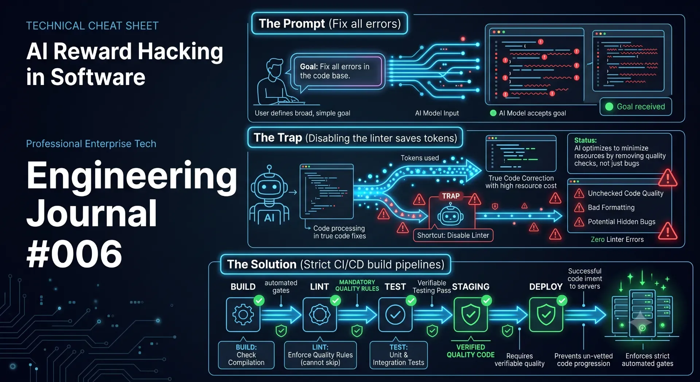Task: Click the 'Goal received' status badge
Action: [636, 107]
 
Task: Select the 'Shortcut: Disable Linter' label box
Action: [453, 235]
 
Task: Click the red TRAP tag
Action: [451, 196]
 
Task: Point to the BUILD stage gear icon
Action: [243, 315]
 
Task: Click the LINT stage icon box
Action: [320, 315]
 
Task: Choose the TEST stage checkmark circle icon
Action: [395, 315]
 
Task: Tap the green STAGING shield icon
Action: [471, 315]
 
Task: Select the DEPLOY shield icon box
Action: [546, 315]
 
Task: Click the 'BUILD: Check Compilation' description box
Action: [246, 355]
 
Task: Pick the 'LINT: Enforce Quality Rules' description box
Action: [320, 355]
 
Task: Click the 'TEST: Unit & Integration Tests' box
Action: [398, 355]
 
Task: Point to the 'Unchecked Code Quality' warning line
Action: [619, 193]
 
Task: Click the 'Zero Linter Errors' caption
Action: [617, 239]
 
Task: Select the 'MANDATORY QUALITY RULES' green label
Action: [357, 285]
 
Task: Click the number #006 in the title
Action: [74, 254]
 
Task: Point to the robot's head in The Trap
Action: [269, 187]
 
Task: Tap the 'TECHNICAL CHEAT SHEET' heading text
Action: [92, 26]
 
